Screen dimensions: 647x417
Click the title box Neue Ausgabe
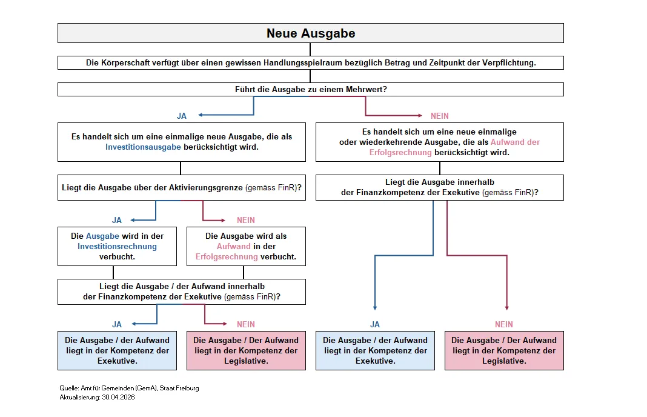coord(310,33)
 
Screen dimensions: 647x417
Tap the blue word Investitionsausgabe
coord(143,147)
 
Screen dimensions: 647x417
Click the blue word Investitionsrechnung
coord(117,247)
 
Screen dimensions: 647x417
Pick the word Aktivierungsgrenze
coord(205,187)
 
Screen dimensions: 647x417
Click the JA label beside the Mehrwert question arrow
coord(182,116)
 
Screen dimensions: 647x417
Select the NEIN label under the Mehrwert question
coord(439,116)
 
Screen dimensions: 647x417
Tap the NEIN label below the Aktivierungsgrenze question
coord(245,221)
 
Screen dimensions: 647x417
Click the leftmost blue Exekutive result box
coord(117,350)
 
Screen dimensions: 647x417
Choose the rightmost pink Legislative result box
coord(504,350)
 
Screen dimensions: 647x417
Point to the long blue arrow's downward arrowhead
coord(374,308)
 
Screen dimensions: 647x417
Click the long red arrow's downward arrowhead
coord(506,308)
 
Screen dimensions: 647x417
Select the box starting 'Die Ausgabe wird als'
coord(246,247)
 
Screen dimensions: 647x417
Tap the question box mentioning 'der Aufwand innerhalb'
coord(182,292)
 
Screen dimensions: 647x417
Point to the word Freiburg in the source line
coord(188,388)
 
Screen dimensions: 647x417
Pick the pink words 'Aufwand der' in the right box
coord(515,142)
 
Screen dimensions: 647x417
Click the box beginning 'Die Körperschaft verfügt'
coord(310,63)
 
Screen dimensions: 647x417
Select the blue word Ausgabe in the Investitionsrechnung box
coord(102,236)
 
